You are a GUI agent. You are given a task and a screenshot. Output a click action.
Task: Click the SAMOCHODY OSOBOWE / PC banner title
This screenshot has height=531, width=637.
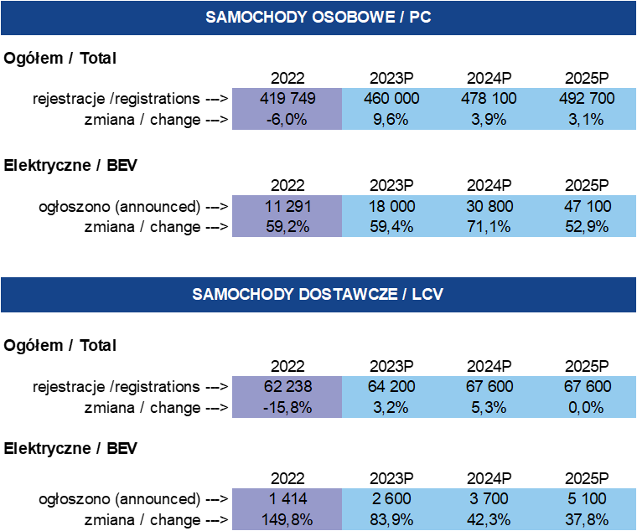tap(318, 17)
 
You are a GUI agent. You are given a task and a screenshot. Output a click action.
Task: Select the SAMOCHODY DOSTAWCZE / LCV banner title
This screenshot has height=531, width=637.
tap(318, 294)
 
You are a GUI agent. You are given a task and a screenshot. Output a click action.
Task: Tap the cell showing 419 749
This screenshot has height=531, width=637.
tap(287, 98)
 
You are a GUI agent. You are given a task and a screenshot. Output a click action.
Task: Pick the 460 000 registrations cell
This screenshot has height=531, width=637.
tap(391, 98)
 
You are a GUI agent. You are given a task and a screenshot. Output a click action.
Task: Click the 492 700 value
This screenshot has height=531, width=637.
tap(586, 98)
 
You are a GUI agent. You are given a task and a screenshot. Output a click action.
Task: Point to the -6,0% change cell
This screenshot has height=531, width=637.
tap(287, 119)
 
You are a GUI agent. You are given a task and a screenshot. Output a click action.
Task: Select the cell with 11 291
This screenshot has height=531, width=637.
tap(287, 206)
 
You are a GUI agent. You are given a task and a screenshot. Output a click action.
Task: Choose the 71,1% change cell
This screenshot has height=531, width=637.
tap(489, 227)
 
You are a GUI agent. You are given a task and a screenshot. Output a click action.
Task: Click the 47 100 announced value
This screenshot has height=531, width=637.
tap(586, 206)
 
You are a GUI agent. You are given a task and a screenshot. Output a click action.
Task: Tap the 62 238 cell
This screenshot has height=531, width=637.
tap(287, 387)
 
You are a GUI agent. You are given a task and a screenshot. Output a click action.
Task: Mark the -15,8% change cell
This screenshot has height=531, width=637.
tap(287, 408)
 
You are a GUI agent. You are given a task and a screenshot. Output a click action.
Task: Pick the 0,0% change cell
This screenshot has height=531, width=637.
tap(586, 408)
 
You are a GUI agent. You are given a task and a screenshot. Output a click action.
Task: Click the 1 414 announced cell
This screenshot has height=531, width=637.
tap(287, 499)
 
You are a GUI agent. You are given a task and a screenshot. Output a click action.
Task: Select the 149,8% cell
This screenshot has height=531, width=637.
tap(287, 520)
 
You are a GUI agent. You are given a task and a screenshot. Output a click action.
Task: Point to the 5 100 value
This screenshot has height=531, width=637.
tap(586, 499)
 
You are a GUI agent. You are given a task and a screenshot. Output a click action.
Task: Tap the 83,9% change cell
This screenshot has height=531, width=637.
tap(391, 520)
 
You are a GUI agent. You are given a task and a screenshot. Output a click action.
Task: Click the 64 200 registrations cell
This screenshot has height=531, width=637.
tap(391, 387)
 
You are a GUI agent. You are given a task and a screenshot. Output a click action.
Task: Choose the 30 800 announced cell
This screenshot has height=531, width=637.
tap(489, 206)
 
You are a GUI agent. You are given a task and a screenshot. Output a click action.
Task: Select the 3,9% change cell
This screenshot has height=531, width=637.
tap(489, 119)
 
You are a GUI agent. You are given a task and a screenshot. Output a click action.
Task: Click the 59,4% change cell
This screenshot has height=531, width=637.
tap(391, 227)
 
